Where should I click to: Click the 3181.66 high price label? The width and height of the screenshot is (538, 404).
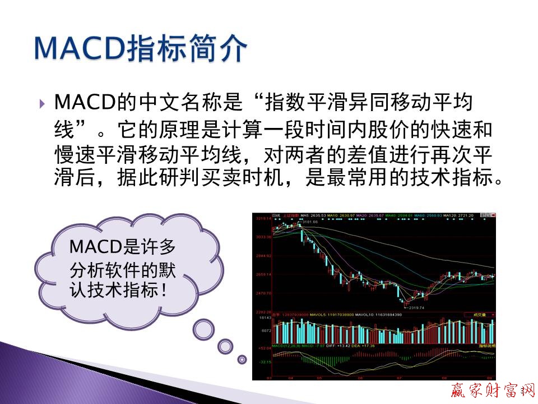[x=310, y=222]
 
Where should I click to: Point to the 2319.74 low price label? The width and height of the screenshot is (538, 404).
[x=415, y=307]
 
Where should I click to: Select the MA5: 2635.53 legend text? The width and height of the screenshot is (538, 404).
[x=313, y=215]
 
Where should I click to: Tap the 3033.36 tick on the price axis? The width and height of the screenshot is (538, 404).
[x=262, y=237]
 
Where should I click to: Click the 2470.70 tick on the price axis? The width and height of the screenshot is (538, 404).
[x=262, y=293]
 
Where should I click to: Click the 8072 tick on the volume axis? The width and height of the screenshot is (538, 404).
[x=266, y=331]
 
